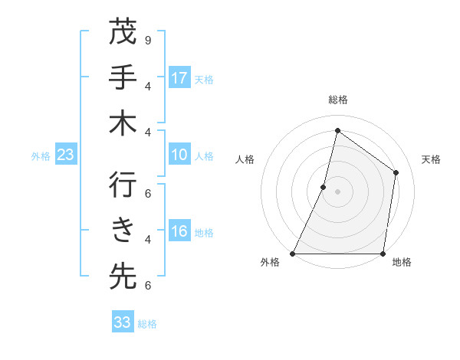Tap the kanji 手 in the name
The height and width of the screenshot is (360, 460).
[123, 77]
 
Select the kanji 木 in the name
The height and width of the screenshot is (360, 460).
[123, 124]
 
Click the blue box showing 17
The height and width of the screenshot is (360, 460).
[179, 78]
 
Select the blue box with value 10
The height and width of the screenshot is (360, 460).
[179, 155]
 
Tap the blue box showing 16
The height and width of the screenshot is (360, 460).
[179, 232]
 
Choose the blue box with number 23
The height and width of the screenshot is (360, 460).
[66, 155]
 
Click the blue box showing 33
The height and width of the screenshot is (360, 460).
[123, 322]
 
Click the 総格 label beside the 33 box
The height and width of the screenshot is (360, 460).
[147, 324]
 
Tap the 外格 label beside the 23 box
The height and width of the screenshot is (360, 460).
[41, 156]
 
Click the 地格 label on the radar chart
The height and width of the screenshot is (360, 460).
[402, 263]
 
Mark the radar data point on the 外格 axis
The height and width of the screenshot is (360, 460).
[292, 254]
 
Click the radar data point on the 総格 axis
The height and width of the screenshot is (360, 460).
[337, 130]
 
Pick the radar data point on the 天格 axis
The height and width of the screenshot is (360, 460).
[396, 172]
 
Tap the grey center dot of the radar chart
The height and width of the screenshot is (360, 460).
[337, 191]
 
